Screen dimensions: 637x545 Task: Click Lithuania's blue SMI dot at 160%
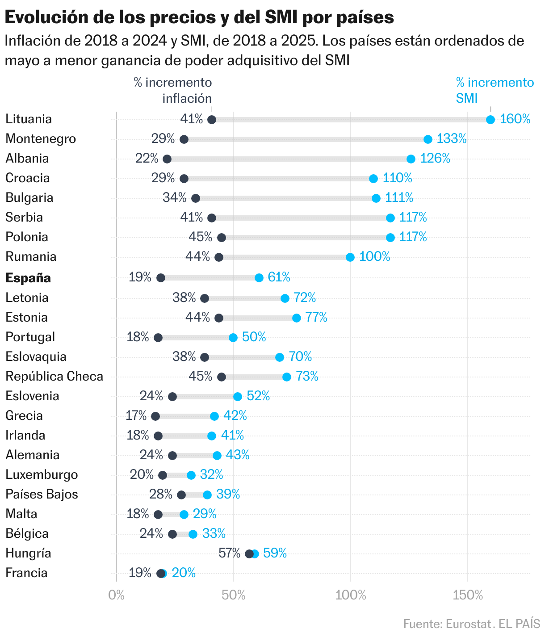pyautogui.click(x=490, y=120)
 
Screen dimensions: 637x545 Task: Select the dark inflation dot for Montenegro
pyautogui.click(x=184, y=139)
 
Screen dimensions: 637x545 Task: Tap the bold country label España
pyautogui.click(x=28, y=278)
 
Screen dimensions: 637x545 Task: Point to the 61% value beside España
pyautogui.click(x=279, y=277)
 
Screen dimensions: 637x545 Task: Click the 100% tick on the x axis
pyautogui.click(x=351, y=595)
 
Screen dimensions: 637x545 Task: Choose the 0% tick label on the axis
pyautogui.click(x=117, y=595)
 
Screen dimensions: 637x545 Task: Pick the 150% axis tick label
pyautogui.click(x=468, y=595)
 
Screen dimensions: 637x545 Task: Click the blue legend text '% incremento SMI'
pyautogui.click(x=495, y=90)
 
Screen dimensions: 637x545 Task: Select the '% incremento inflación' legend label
pyautogui.click(x=173, y=90)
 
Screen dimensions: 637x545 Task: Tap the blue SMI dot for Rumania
pyautogui.click(x=350, y=257)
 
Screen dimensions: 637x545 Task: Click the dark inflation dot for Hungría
pyautogui.click(x=249, y=554)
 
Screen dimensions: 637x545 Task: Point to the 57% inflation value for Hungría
pyautogui.click(x=229, y=553)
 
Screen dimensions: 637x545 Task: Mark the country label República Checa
pyautogui.click(x=54, y=376)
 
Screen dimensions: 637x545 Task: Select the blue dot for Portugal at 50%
pyautogui.click(x=233, y=338)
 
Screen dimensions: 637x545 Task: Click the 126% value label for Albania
pyautogui.click(x=435, y=158)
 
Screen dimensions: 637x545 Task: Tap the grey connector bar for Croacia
pyautogui.click(x=277, y=179)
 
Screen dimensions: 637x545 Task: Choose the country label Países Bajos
pyautogui.click(x=42, y=494)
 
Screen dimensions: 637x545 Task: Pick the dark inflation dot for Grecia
pyautogui.click(x=155, y=416)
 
